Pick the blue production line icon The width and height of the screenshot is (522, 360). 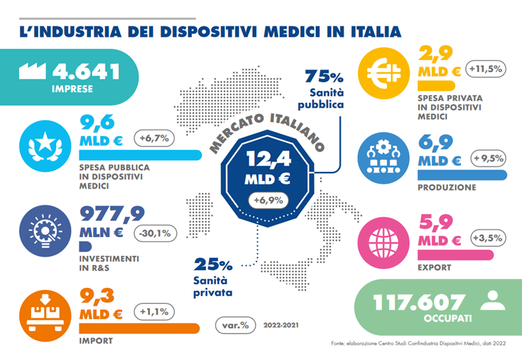381,158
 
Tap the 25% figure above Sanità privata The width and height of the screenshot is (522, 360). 211,265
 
